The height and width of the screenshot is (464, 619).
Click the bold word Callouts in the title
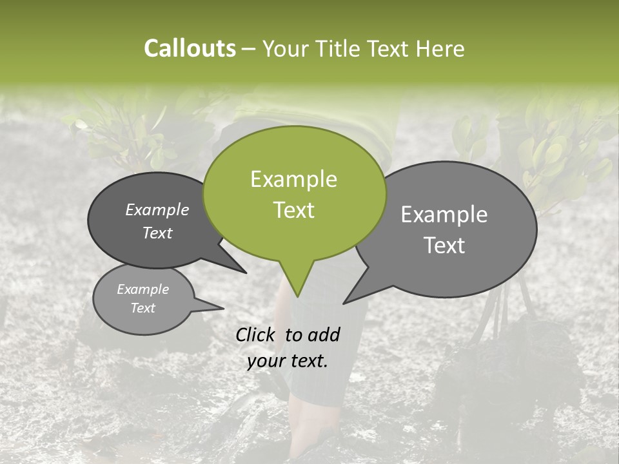coord(190,48)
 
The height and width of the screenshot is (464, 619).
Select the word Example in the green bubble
coord(293,179)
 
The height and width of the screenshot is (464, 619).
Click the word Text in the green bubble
coord(293,210)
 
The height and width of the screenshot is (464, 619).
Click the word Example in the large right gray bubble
coord(444,215)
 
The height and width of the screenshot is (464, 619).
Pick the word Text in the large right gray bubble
coord(445,246)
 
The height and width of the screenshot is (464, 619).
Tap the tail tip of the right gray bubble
coord(344,303)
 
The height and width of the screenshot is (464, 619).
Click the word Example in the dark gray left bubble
coord(157,209)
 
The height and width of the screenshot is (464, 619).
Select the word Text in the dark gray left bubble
coord(157,233)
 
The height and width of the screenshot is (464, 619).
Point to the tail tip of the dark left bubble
coord(246,273)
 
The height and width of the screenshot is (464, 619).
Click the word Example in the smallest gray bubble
coord(142,289)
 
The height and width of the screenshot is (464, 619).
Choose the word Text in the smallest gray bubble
coord(142,308)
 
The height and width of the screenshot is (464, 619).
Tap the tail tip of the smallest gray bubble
coord(224,308)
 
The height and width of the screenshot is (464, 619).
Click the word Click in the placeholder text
coord(256,334)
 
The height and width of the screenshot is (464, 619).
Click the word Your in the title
coord(284,48)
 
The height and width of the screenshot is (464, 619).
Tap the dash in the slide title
coord(250,49)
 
